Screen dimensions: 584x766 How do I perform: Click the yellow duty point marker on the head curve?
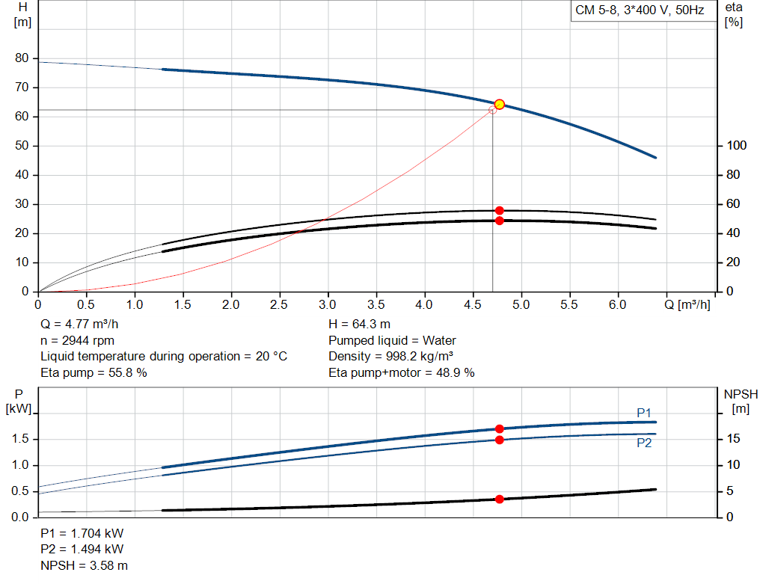click(x=500, y=105)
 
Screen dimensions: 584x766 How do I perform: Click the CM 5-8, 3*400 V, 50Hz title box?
click(x=639, y=10)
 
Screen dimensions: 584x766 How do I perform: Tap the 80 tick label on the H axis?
click(x=22, y=58)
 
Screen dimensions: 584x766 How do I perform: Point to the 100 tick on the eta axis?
click(x=735, y=146)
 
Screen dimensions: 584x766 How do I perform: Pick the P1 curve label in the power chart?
click(x=644, y=413)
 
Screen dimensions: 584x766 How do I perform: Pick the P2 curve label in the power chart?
click(x=644, y=443)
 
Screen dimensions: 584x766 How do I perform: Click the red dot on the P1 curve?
click(x=500, y=428)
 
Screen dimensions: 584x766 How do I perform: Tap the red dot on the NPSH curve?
click(x=500, y=499)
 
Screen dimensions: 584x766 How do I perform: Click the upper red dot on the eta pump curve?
click(x=500, y=211)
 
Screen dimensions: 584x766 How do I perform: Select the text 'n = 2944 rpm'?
click(x=77, y=340)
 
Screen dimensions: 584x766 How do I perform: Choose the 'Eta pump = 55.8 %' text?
click(x=94, y=372)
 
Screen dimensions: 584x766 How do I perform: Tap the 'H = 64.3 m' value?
click(x=359, y=324)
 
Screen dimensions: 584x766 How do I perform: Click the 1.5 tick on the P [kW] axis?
click(x=22, y=439)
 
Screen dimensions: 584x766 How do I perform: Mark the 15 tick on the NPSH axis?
click(x=735, y=439)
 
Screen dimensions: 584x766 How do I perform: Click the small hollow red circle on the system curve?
click(x=492, y=110)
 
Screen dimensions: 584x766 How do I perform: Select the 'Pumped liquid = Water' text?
click(x=392, y=340)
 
